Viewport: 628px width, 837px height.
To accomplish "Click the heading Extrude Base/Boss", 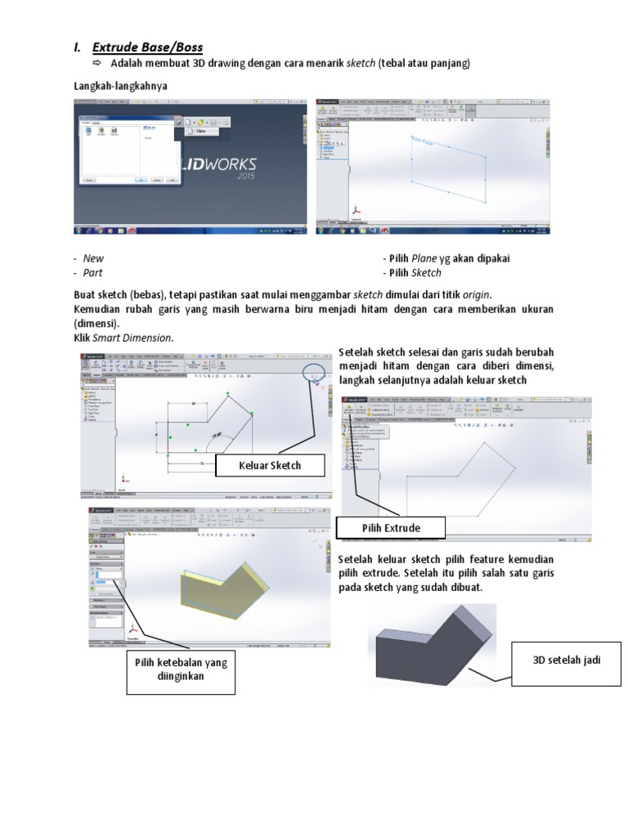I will coord(147,47).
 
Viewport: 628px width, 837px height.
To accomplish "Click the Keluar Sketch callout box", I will coord(269,466).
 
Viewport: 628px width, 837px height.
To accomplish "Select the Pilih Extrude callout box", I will coord(391,528).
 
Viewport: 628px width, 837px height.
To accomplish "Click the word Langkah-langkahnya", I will coord(116,85).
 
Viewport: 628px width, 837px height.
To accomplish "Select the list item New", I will coord(94,258).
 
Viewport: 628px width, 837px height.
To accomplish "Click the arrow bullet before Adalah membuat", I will coord(96,64).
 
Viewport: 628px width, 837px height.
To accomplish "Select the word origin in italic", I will coord(478,294).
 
